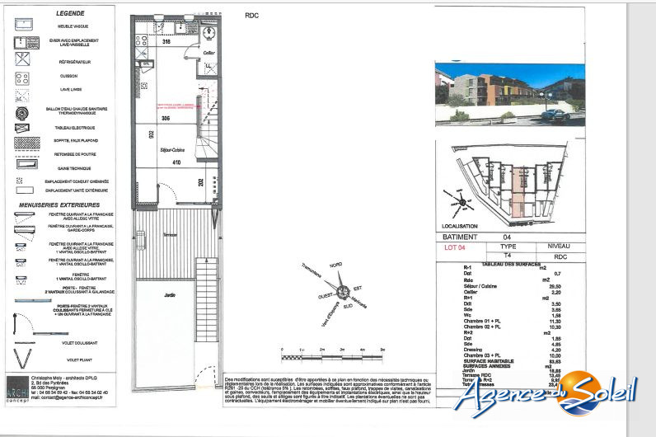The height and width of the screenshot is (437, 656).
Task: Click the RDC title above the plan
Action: click(252, 15)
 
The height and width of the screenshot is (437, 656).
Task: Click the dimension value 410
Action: click(176, 162)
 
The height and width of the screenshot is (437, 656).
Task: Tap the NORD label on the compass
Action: click(335, 266)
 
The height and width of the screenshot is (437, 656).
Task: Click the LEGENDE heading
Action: click(70, 14)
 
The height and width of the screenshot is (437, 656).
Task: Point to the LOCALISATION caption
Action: click(461, 225)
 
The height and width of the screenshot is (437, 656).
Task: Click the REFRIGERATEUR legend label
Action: click(70, 62)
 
